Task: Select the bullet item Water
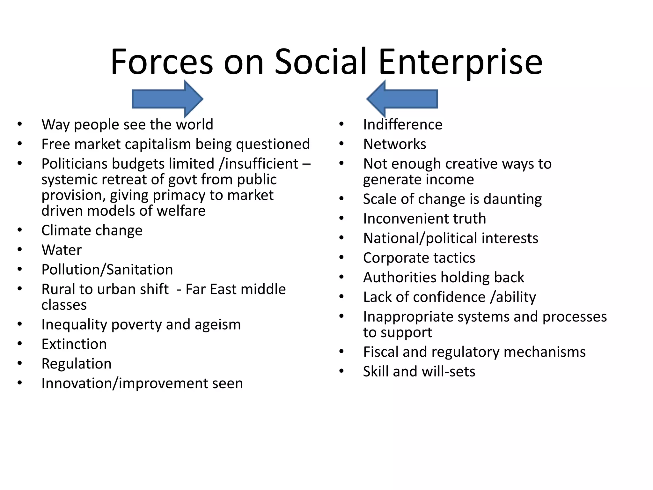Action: click(62, 250)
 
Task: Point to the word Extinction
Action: click(74, 344)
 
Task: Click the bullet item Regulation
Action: click(77, 364)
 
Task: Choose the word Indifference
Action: click(403, 125)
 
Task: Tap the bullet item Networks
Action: click(394, 144)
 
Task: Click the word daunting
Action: click(512, 199)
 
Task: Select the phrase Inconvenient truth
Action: click(424, 219)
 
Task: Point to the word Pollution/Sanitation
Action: click(107, 270)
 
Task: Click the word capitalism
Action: click(158, 144)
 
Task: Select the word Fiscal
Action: click(380, 352)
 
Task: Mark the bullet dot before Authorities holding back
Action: click(341, 277)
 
